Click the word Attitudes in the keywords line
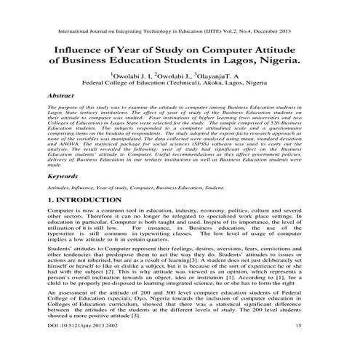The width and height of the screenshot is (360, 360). point(59,188)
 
